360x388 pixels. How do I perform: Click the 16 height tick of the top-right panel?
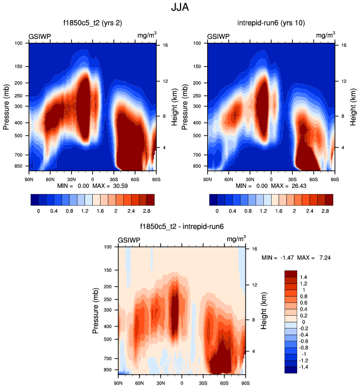344,44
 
